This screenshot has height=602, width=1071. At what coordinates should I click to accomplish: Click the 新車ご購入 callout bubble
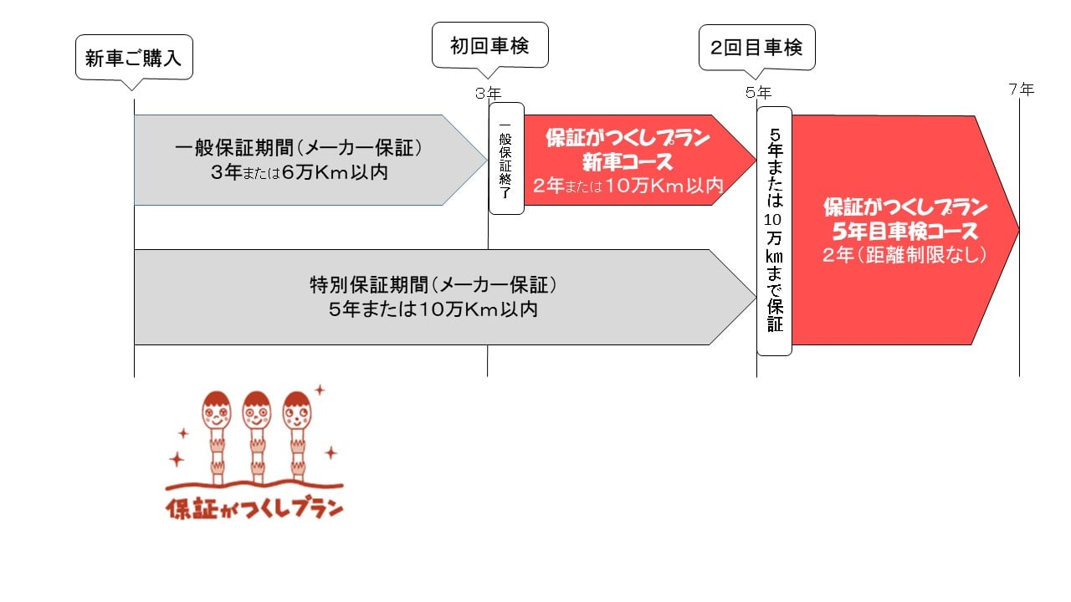[135, 58]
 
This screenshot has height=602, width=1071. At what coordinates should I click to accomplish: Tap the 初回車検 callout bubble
[490, 45]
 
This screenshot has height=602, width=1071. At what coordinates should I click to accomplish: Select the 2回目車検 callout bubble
[757, 48]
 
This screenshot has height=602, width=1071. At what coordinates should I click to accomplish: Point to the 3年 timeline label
[488, 93]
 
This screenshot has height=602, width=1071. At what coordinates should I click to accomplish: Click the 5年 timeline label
[758, 92]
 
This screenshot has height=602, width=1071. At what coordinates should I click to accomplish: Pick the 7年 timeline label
[1022, 89]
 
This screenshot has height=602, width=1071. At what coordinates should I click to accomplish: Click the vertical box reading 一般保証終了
[506, 159]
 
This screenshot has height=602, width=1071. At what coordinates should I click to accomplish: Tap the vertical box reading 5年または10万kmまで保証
[775, 231]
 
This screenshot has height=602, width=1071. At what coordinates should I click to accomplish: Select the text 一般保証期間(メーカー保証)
[299, 148]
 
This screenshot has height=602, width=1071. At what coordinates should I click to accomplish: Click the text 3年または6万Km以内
[300, 172]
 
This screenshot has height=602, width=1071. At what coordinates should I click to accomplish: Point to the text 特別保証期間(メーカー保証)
[433, 285]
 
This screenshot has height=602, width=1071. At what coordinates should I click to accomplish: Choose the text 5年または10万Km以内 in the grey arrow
[433, 309]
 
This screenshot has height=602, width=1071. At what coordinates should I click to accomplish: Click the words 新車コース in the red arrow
[628, 161]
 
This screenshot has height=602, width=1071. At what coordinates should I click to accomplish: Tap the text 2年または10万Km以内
[628, 186]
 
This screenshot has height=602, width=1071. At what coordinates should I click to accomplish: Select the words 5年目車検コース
[905, 232]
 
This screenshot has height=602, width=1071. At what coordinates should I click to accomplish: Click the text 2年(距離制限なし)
[904, 255]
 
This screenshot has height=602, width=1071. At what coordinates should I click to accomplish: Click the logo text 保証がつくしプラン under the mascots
[255, 509]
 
